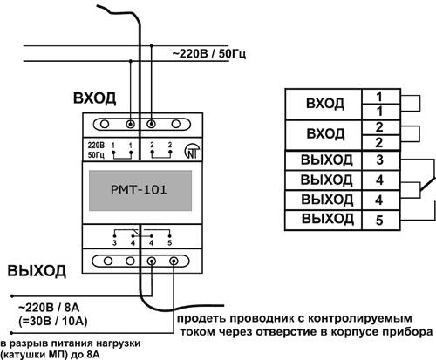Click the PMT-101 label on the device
[139, 190]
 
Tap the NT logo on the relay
[192, 151]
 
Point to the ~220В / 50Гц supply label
[209, 54]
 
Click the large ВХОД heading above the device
[94, 98]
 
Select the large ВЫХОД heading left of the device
[37, 271]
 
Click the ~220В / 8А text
[49, 308]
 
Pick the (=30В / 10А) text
[52, 322]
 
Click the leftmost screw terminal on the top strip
[104, 125]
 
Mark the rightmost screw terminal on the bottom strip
[174, 262]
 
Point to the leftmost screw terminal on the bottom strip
[108, 261]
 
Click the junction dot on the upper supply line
[151, 45]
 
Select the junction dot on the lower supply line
[131, 61]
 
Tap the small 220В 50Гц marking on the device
[96, 150]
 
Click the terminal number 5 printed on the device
[170, 242]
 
